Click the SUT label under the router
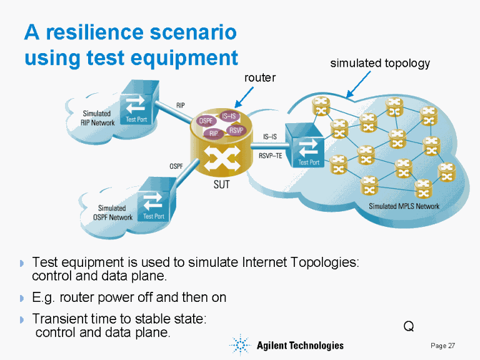[x=221, y=184]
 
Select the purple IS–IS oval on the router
[x=229, y=116]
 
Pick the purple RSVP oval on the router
[x=236, y=130]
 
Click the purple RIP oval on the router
[x=214, y=133]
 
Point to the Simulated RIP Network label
[x=98, y=118]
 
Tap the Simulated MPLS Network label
[x=404, y=206]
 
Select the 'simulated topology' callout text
[x=379, y=63]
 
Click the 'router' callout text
[x=259, y=77]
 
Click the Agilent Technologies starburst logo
[x=240, y=345]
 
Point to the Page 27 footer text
[x=442, y=346]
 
